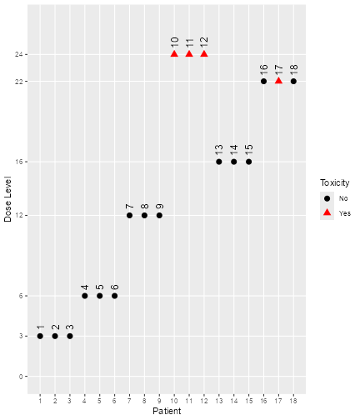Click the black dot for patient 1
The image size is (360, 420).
[x=40, y=336]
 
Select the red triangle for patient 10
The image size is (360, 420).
[x=174, y=54]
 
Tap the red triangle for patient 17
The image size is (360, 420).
[x=278, y=81]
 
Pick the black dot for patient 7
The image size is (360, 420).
[x=129, y=215]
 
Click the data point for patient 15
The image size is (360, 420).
[x=248, y=162]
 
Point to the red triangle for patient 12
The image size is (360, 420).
[x=204, y=54]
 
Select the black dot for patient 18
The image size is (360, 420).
[x=293, y=81]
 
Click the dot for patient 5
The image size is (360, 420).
[x=100, y=296]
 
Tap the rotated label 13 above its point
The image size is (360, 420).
[x=219, y=150]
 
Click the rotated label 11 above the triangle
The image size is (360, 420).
[x=189, y=42]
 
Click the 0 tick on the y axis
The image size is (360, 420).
[x=22, y=377]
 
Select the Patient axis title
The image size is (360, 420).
[x=167, y=412]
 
